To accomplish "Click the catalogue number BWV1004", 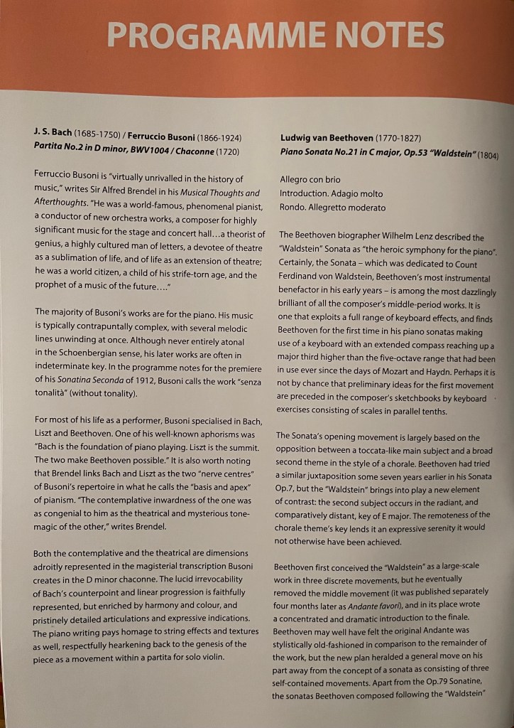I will coord(162,149).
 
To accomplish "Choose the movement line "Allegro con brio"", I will coord(310,180).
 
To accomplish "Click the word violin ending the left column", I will coord(210,657).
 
